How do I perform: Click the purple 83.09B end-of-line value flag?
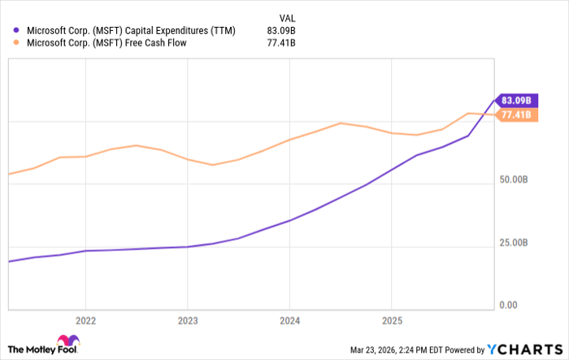[515, 100]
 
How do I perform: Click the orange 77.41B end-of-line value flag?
[515, 116]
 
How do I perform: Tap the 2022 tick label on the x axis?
[86, 319]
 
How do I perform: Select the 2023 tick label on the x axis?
[188, 319]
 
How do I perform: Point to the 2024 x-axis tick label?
[290, 319]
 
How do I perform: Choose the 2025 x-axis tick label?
[393, 319]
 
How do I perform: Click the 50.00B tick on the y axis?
[514, 180]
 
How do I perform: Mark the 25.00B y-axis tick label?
[514, 243]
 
